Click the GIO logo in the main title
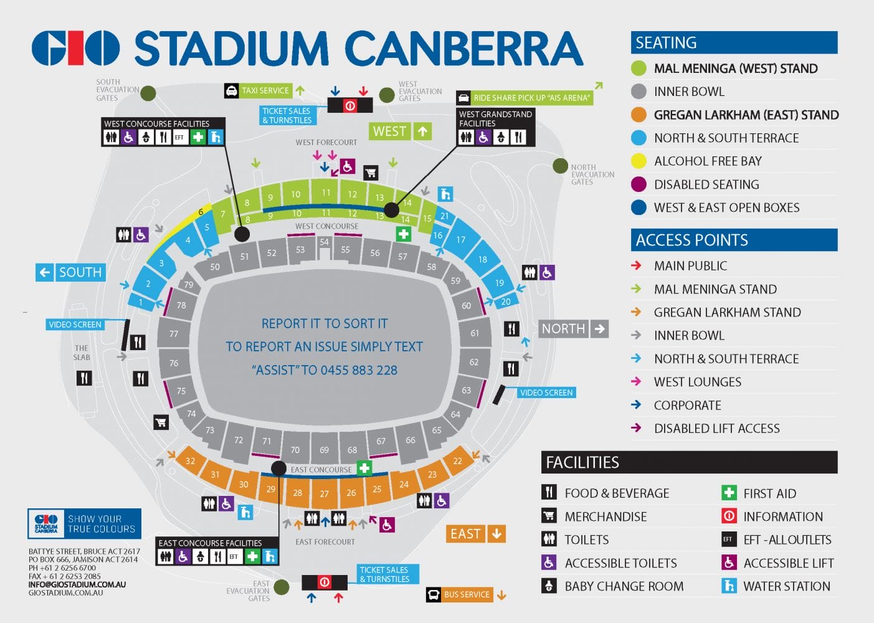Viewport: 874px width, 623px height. (75, 49)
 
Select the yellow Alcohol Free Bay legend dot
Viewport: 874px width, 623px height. (639, 161)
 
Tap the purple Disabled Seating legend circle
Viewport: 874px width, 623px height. (639, 184)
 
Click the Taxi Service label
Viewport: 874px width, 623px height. (265, 91)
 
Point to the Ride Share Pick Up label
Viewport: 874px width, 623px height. (531, 98)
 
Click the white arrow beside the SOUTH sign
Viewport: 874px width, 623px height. (44, 272)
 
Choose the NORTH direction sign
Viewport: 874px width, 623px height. (563, 328)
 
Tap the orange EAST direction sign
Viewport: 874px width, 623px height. (466, 534)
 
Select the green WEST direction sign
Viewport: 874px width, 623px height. (389, 131)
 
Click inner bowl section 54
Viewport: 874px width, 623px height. (324, 242)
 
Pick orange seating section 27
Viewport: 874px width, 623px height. (325, 494)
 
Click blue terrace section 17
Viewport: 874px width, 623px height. (461, 240)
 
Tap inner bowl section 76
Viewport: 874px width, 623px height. (174, 363)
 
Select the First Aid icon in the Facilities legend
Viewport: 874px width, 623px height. (728, 493)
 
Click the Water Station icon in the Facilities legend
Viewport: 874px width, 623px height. (728, 586)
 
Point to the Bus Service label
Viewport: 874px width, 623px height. (467, 594)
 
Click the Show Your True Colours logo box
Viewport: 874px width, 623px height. (84, 524)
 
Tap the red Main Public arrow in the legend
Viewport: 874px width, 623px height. (636, 265)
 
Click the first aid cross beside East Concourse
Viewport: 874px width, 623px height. (364, 468)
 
